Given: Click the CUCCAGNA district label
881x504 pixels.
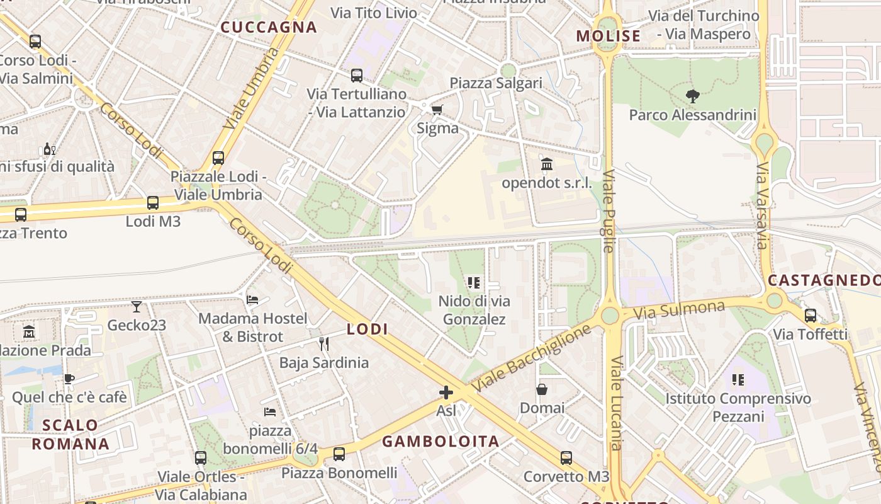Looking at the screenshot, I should point(269,27).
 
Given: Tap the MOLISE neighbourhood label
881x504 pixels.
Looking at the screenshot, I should point(609,36).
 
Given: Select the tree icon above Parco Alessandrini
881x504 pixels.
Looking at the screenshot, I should point(693,96).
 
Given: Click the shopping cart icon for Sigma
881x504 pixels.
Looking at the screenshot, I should point(437,110).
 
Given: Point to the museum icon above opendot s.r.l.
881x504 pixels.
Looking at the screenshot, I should point(547,164).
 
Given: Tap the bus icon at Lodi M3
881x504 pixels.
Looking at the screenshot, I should point(153,203).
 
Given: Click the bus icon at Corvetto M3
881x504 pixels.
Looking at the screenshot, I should point(566,458).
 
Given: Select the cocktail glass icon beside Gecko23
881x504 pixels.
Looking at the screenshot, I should point(137,307).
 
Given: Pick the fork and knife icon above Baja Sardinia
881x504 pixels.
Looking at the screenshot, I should point(324,344).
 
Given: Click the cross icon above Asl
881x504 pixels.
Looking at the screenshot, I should point(446,392).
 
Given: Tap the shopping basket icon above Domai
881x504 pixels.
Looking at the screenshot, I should point(542,390).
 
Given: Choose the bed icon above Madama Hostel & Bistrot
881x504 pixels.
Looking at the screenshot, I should point(252,300).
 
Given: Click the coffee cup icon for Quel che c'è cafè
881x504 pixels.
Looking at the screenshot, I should point(69,379).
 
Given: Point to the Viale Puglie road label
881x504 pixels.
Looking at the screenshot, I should point(609,211).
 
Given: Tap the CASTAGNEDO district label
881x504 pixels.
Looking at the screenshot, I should point(824,280).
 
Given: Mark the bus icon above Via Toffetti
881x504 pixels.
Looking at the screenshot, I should point(811,316).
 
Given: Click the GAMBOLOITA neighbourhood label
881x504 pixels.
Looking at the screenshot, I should point(441,441).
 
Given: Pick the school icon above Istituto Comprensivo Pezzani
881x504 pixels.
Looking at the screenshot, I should point(738,380).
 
